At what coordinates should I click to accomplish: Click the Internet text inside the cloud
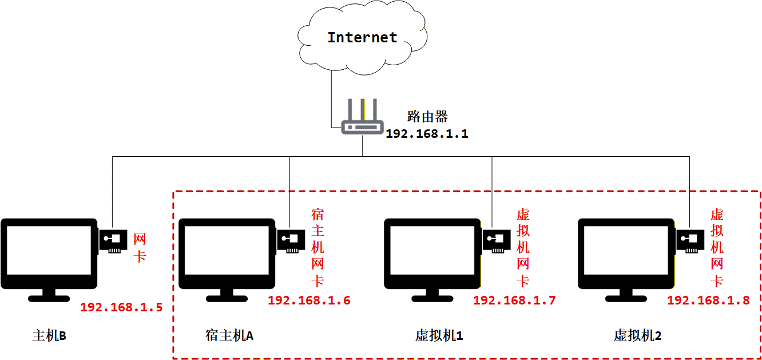pyautogui.click(x=362, y=38)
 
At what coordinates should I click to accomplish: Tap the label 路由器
pyautogui.click(x=427, y=117)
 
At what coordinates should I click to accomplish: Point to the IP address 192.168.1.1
pyautogui.click(x=427, y=134)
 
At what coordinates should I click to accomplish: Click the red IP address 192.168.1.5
pyautogui.click(x=121, y=307)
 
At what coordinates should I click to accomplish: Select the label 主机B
pyautogui.click(x=49, y=335)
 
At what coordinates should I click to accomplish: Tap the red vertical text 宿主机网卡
pyautogui.click(x=317, y=248)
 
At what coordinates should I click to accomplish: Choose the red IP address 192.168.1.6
pyautogui.click(x=309, y=300)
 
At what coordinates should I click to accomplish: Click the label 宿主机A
pyautogui.click(x=229, y=335)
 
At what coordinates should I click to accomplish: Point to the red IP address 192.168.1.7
pyautogui.click(x=514, y=300)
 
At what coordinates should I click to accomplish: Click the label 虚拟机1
pyautogui.click(x=439, y=335)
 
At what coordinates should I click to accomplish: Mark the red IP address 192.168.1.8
pyautogui.click(x=708, y=300)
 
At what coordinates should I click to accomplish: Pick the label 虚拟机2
pyautogui.click(x=637, y=335)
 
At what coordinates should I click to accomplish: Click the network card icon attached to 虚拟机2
pyautogui.click(x=690, y=240)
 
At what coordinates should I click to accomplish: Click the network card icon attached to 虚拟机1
pyautogui.click(x=496, y=240)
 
